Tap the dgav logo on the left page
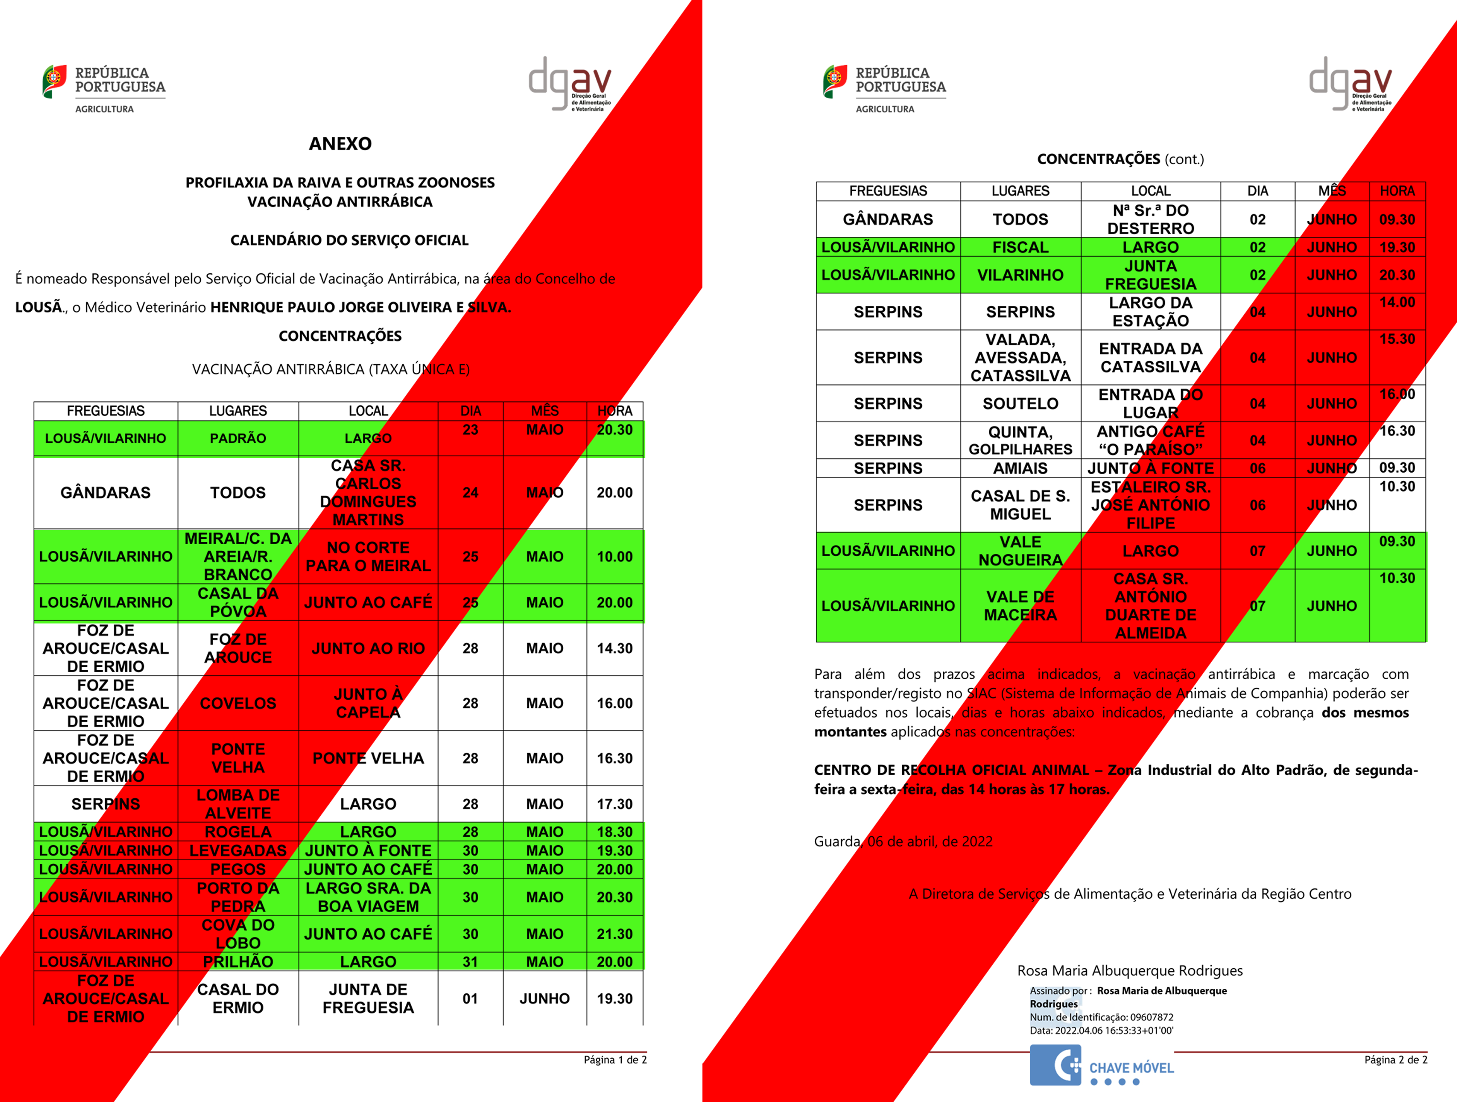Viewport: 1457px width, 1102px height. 570,84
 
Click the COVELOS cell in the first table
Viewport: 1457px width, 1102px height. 238,703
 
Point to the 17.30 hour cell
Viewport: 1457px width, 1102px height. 614,804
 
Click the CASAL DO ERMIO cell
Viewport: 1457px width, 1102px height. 238,999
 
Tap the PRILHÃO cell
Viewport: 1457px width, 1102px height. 238,962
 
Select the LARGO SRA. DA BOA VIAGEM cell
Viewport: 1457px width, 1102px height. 368,897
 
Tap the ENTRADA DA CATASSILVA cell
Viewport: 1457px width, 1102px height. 1150,358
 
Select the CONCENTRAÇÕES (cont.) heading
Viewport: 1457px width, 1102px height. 1120,159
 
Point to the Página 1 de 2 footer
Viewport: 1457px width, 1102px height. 615,1060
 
